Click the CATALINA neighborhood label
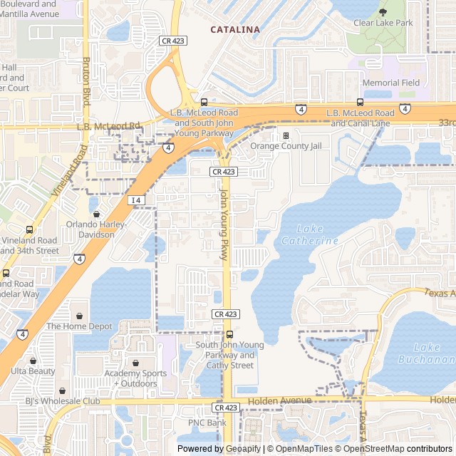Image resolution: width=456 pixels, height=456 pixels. (x=234, y=29)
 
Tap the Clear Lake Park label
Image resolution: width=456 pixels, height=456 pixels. (x=383, y=23)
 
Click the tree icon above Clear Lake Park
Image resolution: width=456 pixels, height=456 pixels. (x=383, y=11)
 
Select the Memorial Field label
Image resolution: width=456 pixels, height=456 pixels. (x=390, y=83)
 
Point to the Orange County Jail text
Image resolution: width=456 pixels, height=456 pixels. (x=285, y=146)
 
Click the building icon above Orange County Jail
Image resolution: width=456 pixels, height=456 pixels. (x=286, y=135)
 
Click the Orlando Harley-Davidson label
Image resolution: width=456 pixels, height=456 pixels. (x=96, y=229)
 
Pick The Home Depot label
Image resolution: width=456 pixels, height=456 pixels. (x=79, y=326)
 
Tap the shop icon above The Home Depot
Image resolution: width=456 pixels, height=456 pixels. (x=79, y=315)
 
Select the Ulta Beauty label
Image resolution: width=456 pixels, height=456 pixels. (x=33, y=371)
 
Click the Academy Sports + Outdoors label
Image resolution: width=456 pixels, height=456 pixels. (x=135, y=378)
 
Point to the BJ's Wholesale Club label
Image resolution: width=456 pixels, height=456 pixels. (x=63, y=401)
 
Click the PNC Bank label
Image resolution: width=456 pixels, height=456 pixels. (x=207, y=423)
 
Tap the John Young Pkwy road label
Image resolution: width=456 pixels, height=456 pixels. (x=223, y=224)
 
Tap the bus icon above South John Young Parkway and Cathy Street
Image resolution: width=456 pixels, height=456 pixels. (x=229, y=334)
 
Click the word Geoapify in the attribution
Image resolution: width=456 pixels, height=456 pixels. (x=242, y=449)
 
